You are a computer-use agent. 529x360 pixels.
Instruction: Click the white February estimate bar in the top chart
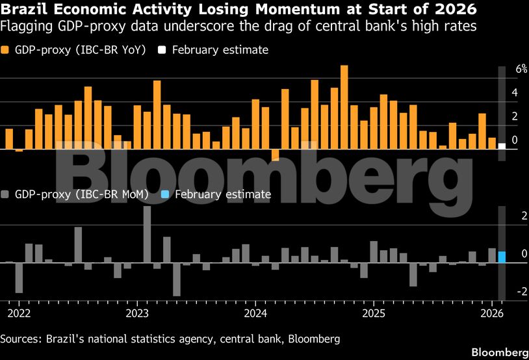pos(502,146)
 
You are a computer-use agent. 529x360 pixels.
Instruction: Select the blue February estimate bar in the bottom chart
pos(502,257)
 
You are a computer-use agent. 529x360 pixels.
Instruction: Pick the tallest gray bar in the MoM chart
pos(147,235)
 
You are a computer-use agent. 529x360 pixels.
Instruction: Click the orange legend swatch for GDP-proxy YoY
pos(6,50)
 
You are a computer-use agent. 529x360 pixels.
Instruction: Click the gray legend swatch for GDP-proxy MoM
pos(6,194)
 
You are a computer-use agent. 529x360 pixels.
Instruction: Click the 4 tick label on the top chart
pos(515,93)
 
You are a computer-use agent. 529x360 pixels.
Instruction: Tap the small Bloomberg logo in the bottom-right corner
pos(499,352)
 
